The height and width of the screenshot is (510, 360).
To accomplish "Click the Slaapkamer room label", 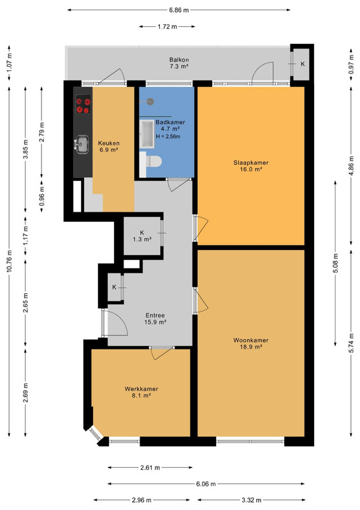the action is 251,163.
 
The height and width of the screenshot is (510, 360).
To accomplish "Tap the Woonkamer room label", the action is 251,340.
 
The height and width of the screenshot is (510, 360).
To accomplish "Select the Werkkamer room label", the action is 141,389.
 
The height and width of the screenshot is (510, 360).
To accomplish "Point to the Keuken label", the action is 108,143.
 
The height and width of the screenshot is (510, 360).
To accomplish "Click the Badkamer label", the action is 170,122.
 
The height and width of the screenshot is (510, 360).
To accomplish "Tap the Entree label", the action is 155,315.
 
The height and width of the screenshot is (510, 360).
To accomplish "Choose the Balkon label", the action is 179,60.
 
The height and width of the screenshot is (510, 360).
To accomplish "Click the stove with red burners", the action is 83,104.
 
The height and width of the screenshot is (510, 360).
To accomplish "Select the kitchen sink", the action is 82,144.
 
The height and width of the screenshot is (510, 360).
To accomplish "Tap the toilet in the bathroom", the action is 154,161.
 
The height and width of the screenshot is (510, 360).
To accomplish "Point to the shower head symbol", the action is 150,101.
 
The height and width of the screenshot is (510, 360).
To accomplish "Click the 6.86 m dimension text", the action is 179,10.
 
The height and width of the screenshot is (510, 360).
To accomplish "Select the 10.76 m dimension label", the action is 10,261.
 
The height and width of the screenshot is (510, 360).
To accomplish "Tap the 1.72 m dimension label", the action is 167,27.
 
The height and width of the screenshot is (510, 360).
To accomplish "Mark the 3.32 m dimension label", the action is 252,500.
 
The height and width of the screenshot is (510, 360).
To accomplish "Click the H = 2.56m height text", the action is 168,136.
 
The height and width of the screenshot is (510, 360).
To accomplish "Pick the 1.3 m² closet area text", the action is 142,240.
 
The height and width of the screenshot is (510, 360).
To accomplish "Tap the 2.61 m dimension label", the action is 150,468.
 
